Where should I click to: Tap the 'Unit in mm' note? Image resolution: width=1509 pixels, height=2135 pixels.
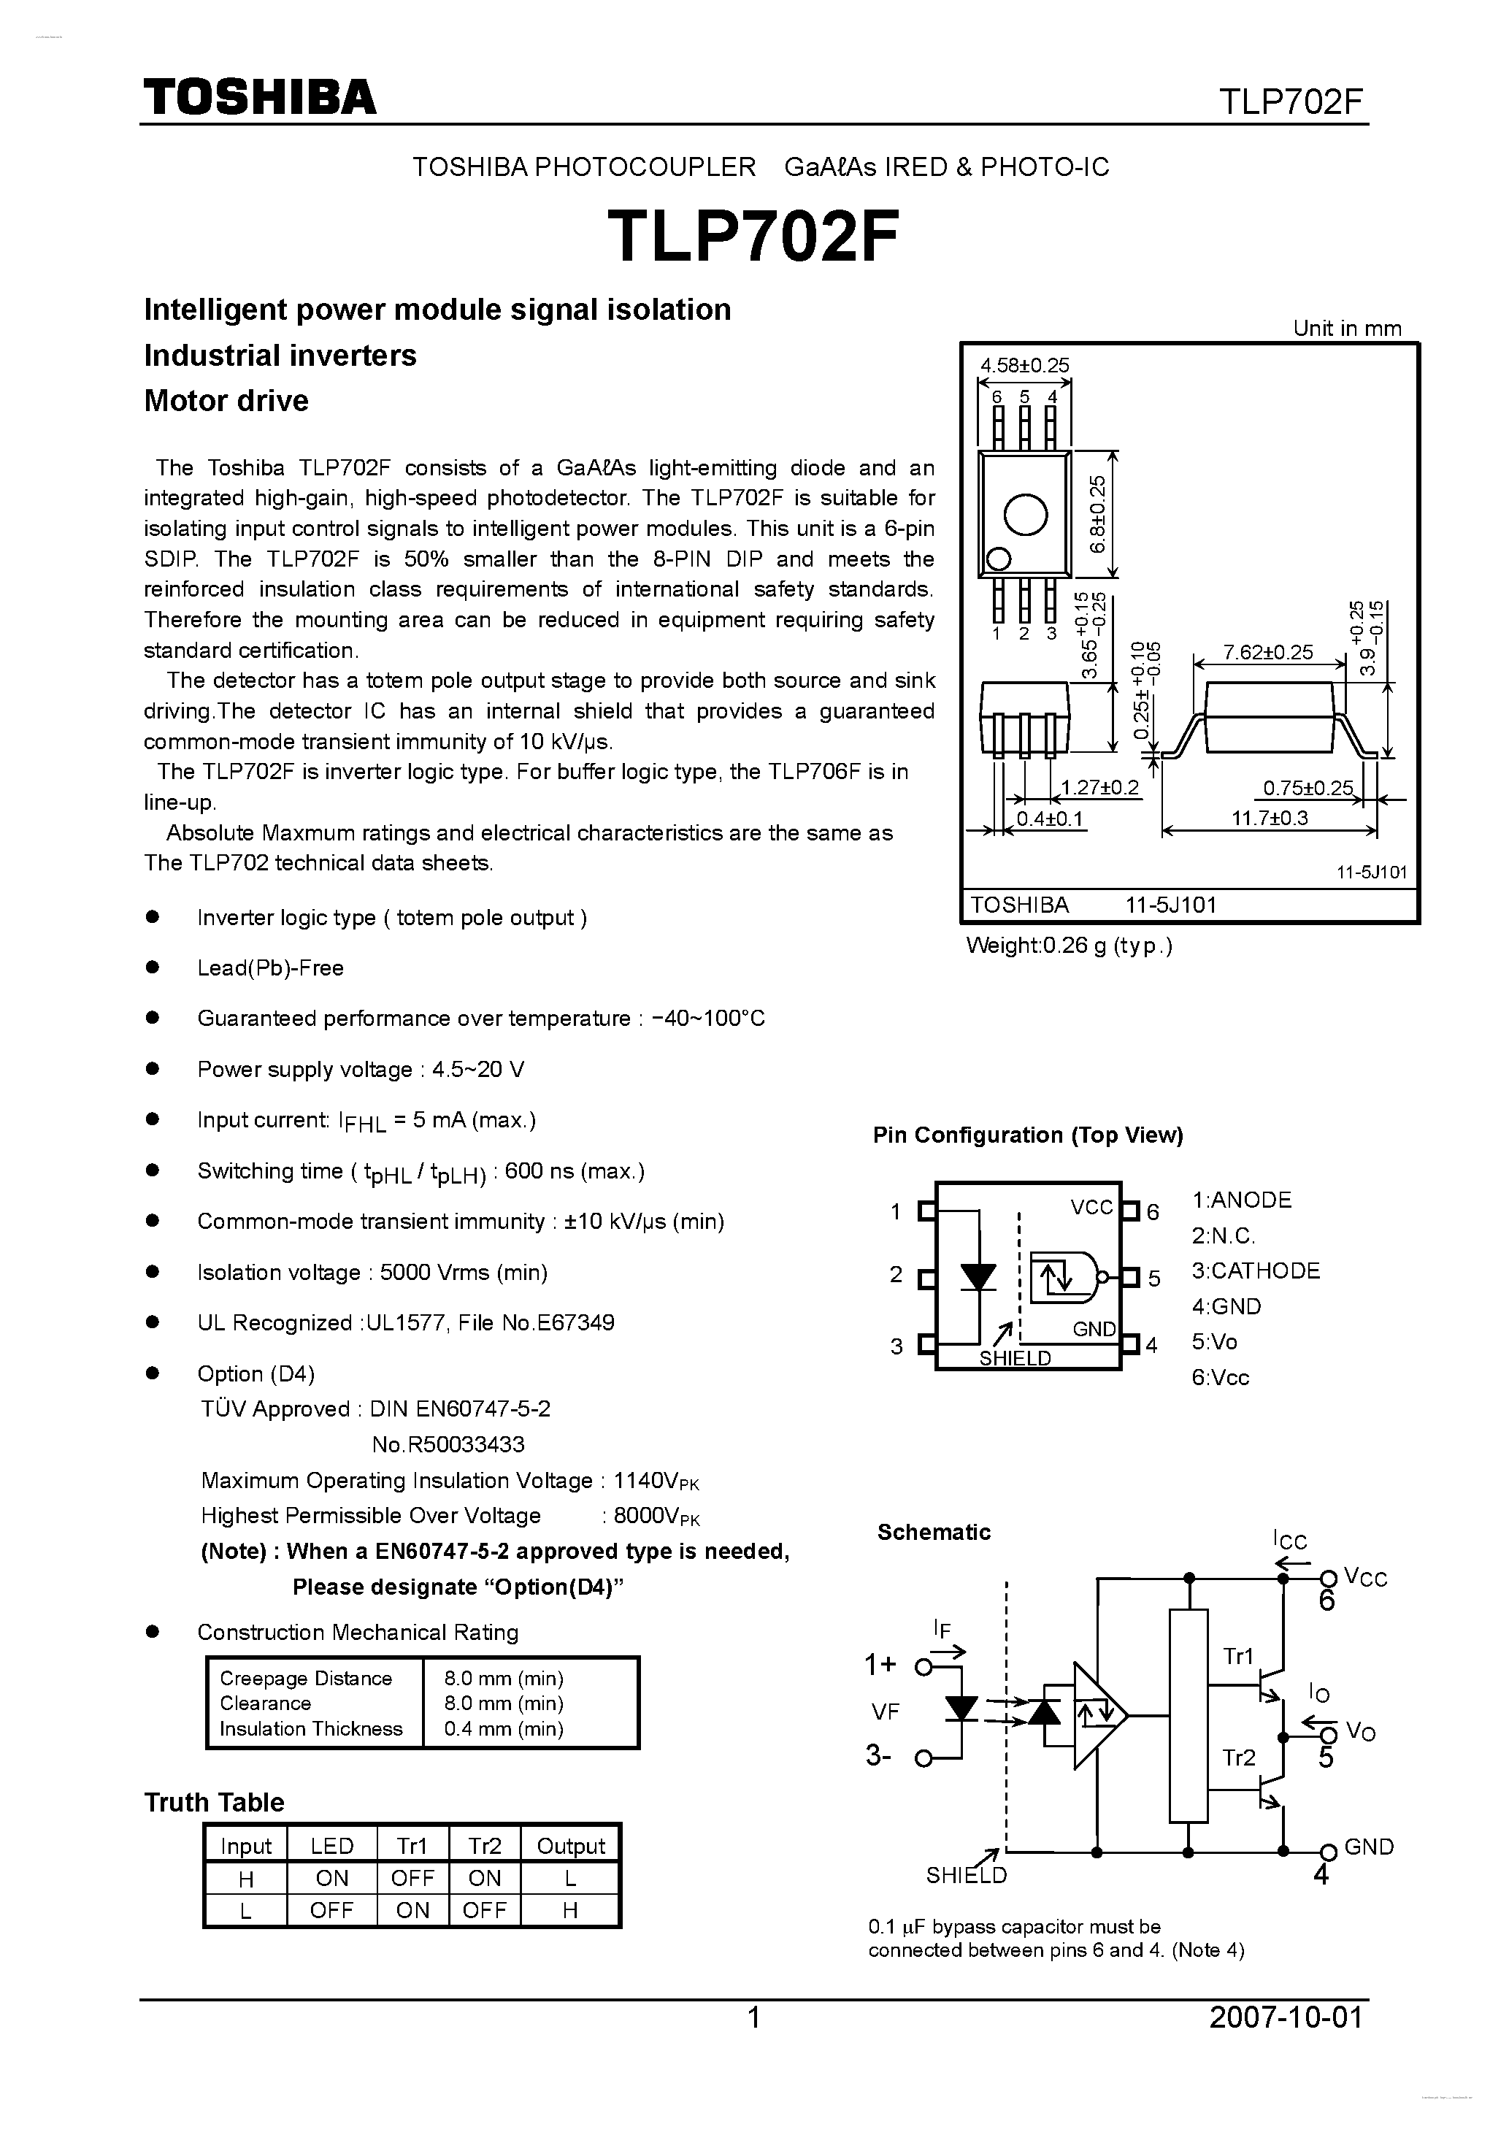pos(1346,329)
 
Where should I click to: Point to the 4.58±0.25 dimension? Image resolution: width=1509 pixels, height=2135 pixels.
pos(1024,365)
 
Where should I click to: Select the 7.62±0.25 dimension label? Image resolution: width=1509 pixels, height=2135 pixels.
pos(1268,652)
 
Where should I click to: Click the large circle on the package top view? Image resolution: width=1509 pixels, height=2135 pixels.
pos(1026,513)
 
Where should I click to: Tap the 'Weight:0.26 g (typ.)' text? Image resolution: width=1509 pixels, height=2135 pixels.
pos(1070,946)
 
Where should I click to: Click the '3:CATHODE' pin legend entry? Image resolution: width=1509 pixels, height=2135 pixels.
pos(1255,1270)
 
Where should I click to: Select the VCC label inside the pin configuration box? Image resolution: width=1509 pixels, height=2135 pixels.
pos(1091,1207)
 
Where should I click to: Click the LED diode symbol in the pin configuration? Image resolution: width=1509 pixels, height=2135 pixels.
pos(978,1277)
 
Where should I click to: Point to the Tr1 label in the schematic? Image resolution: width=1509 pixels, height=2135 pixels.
pos(1237,1655)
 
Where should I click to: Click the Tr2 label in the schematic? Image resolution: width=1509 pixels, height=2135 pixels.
pos(1238,1758)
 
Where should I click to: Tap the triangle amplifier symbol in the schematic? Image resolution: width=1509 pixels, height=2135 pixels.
pos(1098,1714)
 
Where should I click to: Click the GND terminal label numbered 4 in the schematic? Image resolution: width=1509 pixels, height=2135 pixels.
pos(1367,1847)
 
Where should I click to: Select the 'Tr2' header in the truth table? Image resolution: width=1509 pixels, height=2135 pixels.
pos(485,1846)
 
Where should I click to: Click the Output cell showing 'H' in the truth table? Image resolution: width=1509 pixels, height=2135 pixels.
pos(570,1910)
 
